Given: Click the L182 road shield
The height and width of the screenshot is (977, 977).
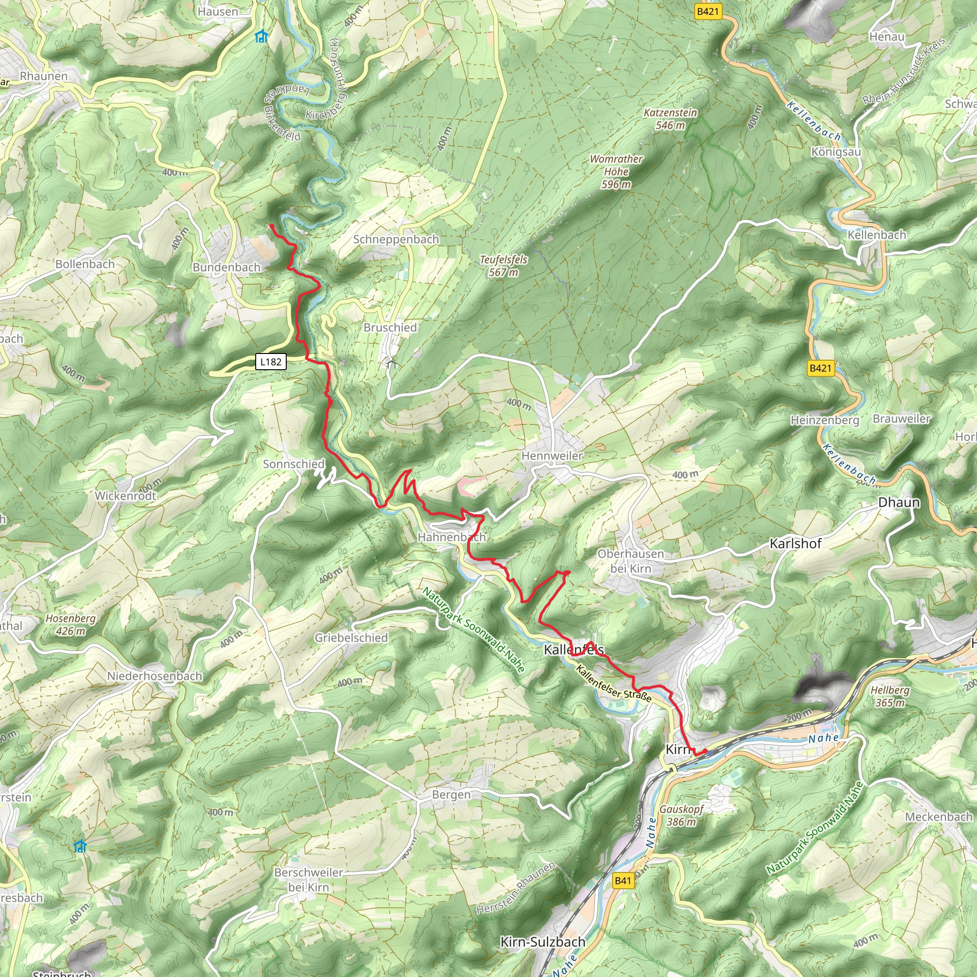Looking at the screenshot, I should (270, 362).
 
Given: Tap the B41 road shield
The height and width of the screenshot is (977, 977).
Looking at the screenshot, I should (623, 881).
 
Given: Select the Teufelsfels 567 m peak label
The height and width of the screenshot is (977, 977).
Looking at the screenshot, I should (503, 266).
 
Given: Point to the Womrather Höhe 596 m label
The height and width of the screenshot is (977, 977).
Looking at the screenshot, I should (616, 171).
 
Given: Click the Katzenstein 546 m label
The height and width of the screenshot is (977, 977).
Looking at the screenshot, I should (670, 119).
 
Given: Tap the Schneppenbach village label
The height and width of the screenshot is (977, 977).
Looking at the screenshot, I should (396, 239).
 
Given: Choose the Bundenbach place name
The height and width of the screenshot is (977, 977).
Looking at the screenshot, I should (227, 267).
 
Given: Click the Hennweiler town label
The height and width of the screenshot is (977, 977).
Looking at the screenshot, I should (552, 456).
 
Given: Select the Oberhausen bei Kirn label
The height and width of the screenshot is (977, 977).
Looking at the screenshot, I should (631, 561).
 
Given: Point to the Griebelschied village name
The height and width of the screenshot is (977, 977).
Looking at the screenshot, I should (351, 638).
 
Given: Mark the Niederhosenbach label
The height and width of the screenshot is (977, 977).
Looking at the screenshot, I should (154, 676).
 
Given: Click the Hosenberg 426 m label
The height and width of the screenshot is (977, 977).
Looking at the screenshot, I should (70, 624).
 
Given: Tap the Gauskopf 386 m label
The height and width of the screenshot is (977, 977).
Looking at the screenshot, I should (681, 815).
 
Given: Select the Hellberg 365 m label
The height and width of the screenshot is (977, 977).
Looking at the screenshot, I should (890, 696).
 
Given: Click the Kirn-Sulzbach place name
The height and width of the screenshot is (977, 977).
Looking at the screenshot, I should (542, 942).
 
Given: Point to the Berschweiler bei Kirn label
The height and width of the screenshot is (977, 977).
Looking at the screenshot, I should (309, 879).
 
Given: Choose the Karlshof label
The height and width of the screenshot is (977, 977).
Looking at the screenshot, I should (795, 544).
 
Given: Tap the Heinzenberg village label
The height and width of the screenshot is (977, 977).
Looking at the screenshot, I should (824, 420).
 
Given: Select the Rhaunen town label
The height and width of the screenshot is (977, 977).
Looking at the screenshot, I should (43, 76).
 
